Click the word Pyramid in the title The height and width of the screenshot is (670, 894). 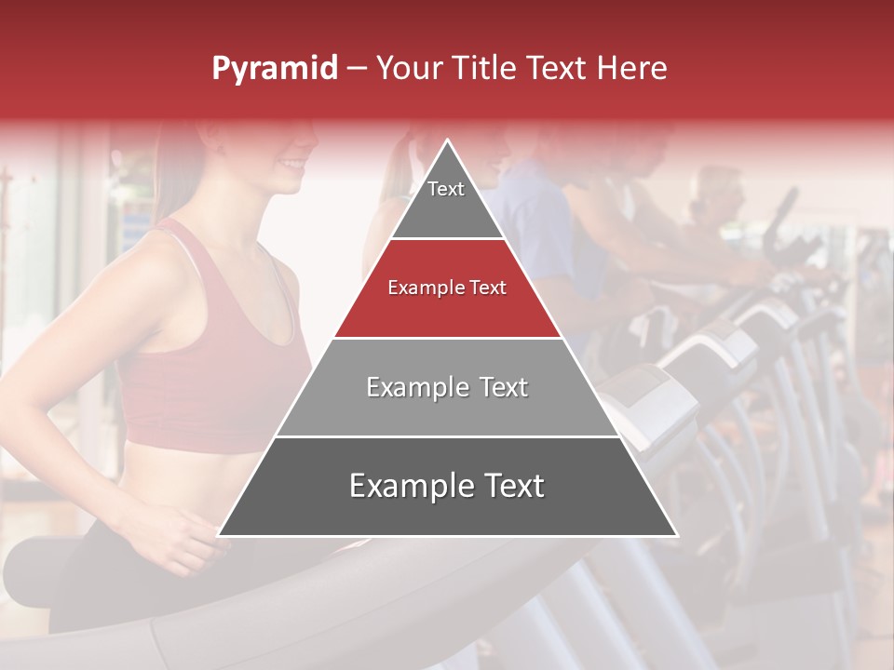point(274,69)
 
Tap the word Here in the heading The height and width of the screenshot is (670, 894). point(634,68)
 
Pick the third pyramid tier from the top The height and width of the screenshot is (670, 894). point(447,387)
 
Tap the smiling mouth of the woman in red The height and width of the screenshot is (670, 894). point(292,165)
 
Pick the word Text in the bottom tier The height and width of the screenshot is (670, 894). point(508,486)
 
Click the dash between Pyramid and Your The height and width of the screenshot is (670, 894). point(357,69)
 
